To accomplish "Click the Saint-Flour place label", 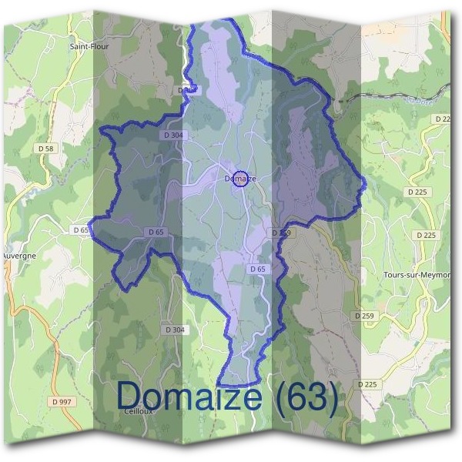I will [89, 46].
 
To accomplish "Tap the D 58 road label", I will [45, 147].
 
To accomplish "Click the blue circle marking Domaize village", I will [239, 179].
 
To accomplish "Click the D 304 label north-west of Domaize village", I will [173, 134].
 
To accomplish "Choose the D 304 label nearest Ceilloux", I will [175, 330].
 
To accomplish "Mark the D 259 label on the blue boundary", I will [281, 232].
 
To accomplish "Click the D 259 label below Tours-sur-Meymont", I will [364, 316].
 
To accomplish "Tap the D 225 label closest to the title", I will [369, 383].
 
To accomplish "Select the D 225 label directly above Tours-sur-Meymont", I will [424, 235].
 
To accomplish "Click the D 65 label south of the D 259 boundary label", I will [257, 269].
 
